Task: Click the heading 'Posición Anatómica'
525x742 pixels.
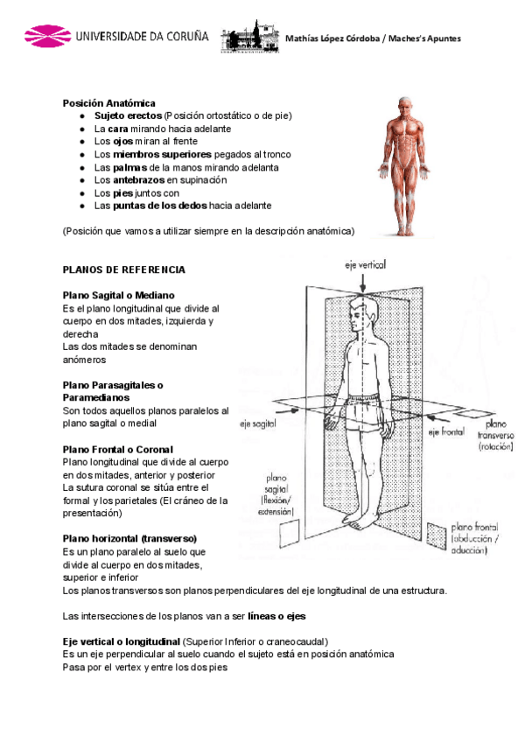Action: click(108, 102)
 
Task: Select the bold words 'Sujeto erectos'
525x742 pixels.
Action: click(129, 115)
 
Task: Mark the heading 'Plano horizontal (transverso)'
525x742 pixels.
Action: click(130, 538)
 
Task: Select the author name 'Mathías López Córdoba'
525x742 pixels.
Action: click(329, 38)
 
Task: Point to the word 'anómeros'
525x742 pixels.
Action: click(85, 360)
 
